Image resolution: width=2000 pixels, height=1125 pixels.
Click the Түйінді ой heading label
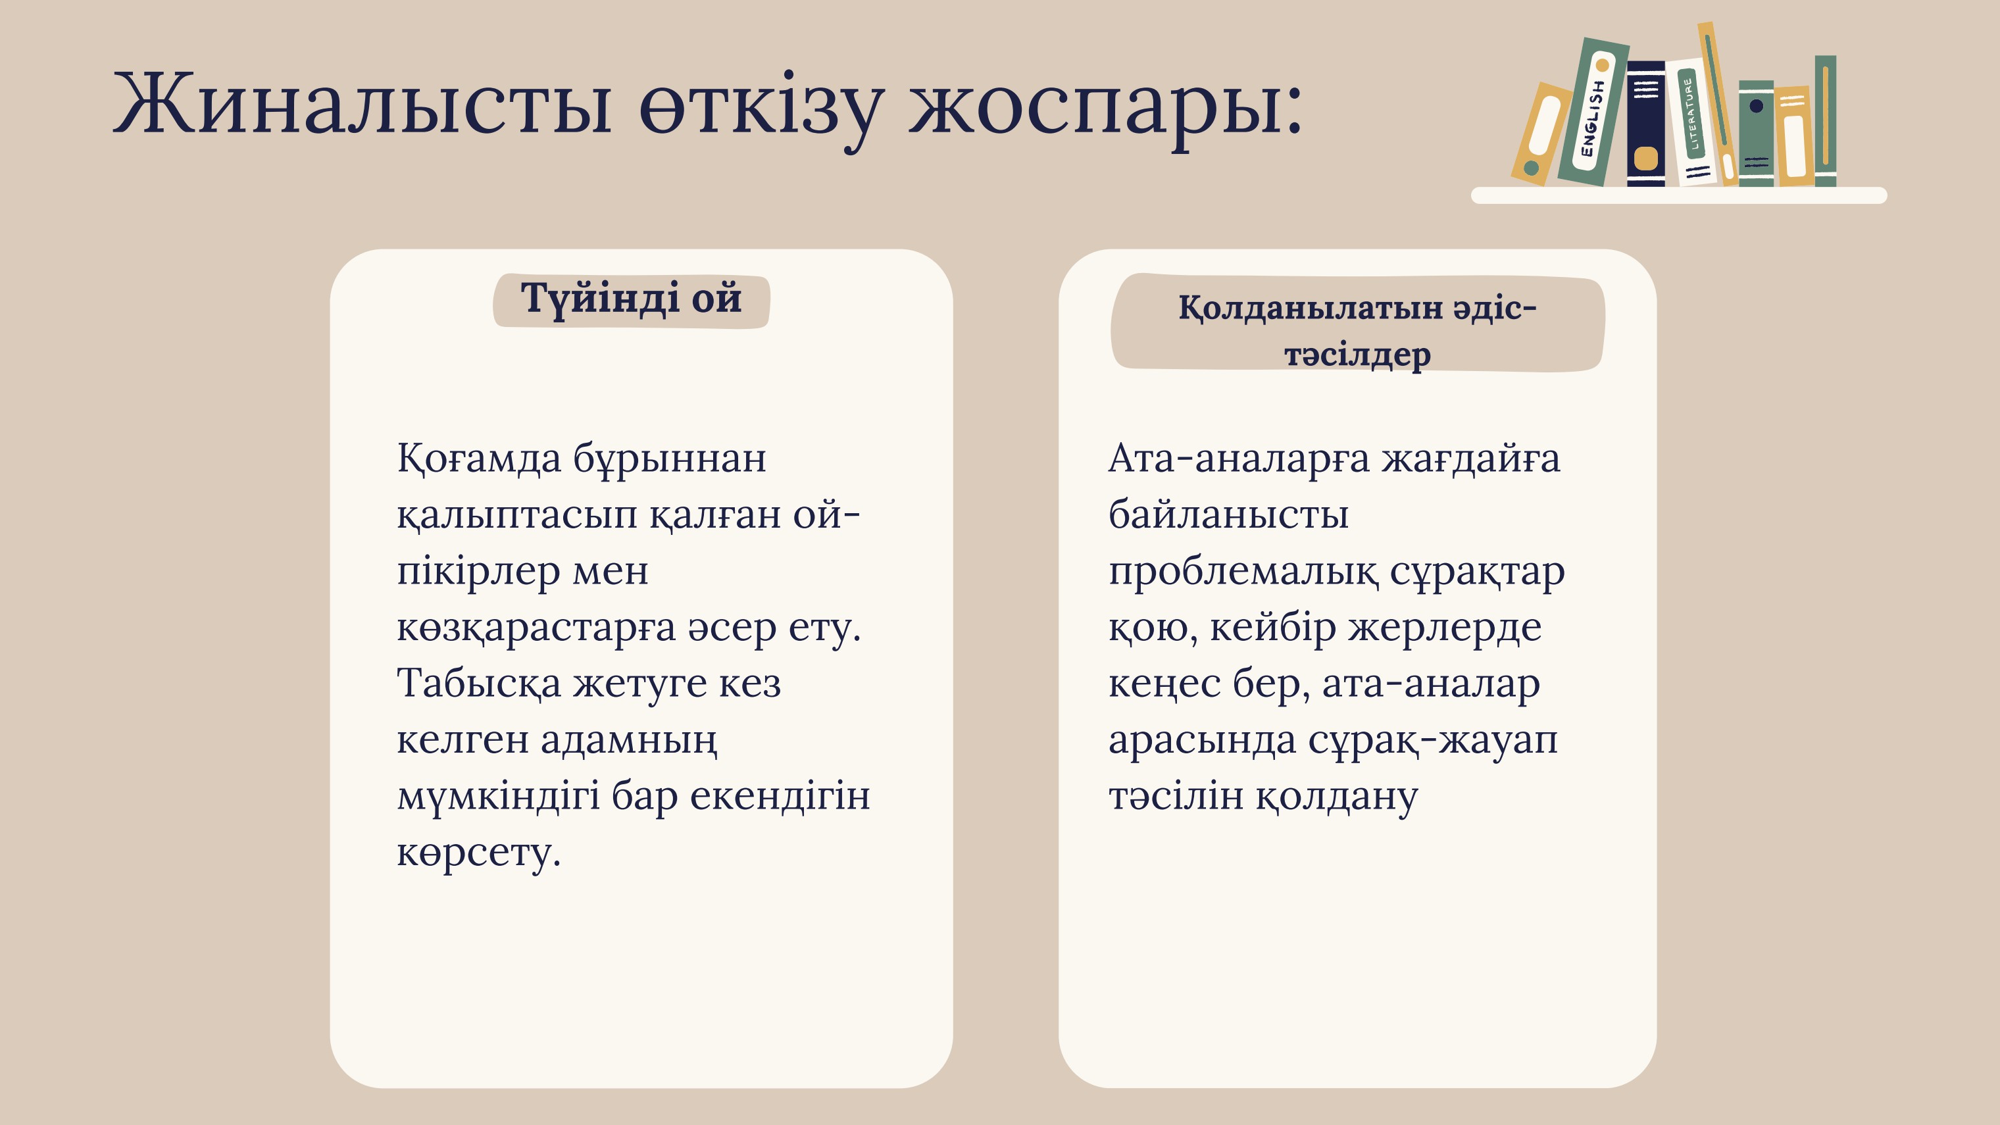point(630,299)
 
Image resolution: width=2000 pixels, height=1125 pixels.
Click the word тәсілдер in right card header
point(1357,355)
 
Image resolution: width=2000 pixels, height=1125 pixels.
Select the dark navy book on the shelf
point(1645,124)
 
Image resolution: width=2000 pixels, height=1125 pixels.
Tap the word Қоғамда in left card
point(479,458)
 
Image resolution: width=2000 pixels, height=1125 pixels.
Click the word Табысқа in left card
point(479,684)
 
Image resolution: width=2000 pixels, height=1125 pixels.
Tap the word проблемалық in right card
point(1243,573)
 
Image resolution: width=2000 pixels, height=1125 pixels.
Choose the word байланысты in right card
point(1228,514)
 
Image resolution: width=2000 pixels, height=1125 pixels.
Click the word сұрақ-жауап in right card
point(1432,740)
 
